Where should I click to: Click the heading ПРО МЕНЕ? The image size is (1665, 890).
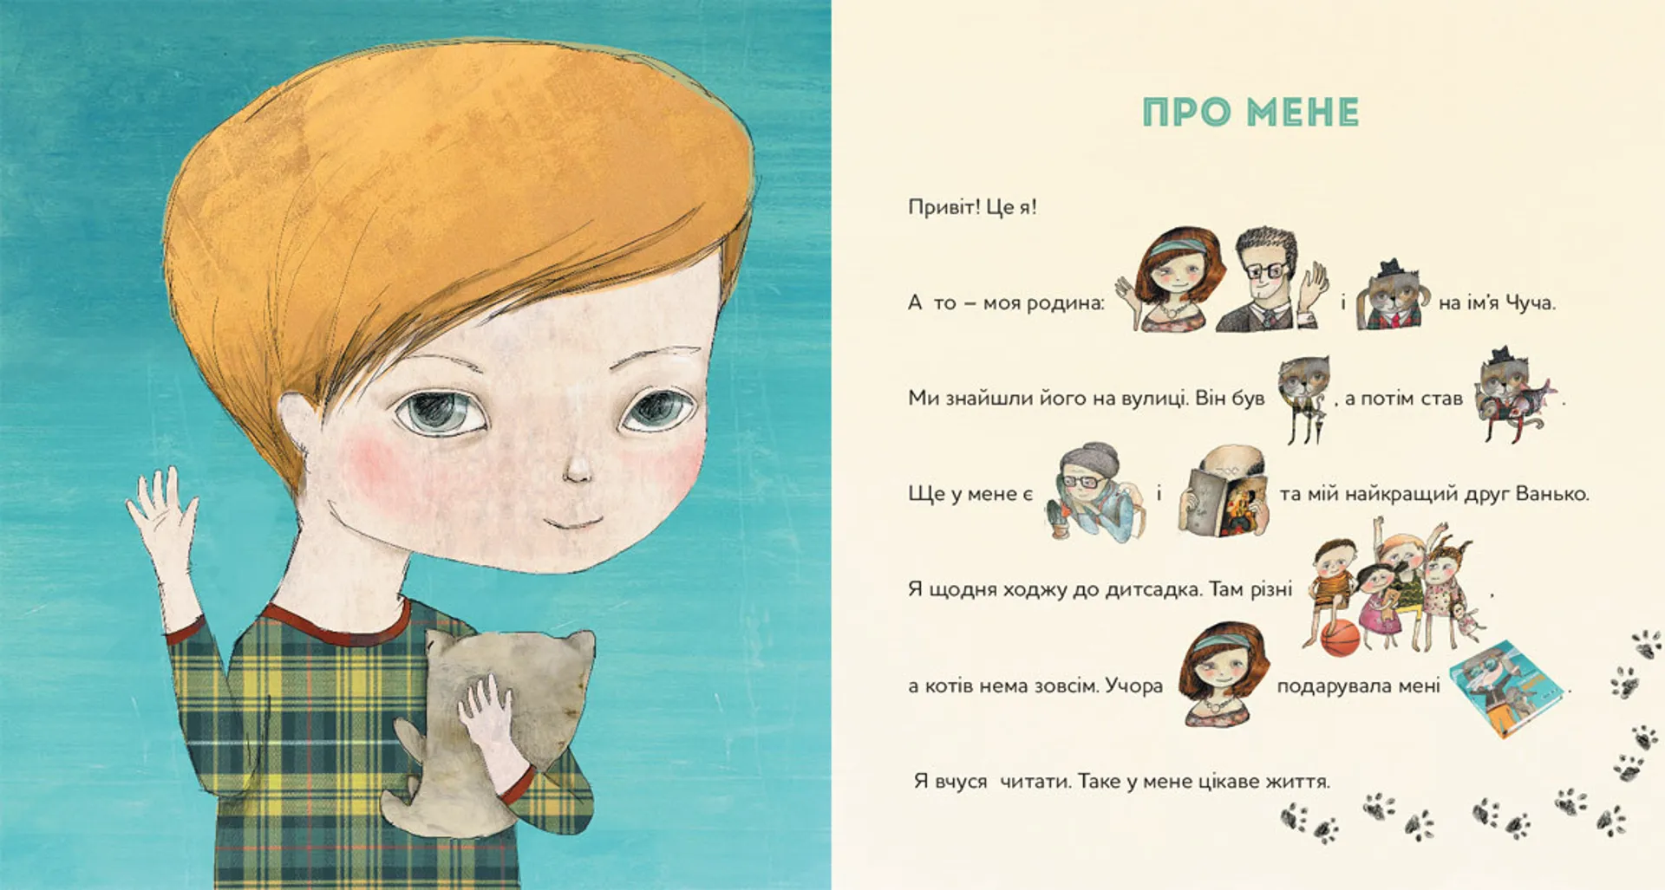tap(1250, 113)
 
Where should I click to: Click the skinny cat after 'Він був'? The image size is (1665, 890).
tap(1303, 399)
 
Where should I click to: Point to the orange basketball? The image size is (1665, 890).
tap(1340, 639)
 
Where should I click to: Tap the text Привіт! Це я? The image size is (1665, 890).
tap(972, 207)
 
